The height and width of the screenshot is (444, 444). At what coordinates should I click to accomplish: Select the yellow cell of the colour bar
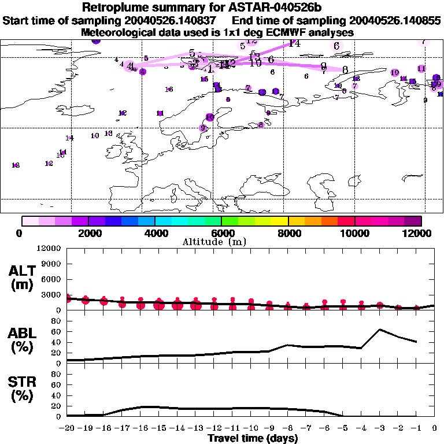pyautogui.click(x=280, y=221)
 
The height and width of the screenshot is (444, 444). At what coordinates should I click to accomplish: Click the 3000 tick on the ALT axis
pyautogui.click(x=52, y=294)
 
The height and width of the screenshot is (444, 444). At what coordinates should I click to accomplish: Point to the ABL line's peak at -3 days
pyautogui.click(x=379, y=330)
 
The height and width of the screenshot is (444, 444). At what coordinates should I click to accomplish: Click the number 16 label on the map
pyautogui.click(x=169, y=89)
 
